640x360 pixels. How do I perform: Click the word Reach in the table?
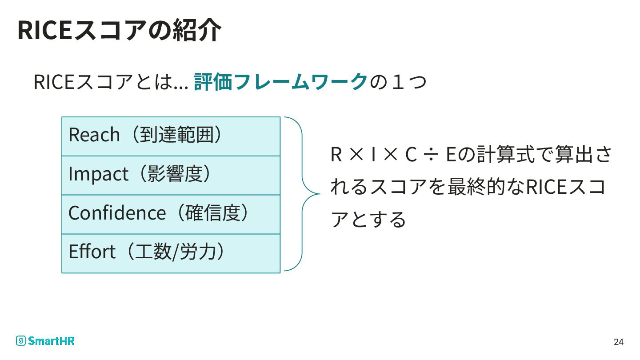tap(94, 135)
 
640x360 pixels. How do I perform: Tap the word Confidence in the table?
tap(117, 213)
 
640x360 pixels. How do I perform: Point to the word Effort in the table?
tap(92, 252)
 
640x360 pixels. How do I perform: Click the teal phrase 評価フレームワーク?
tap(281, 82)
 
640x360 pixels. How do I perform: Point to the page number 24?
tap(618, 342)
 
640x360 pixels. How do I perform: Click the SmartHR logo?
tap(45, 341)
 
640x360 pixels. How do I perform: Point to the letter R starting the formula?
tap(336, 155)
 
